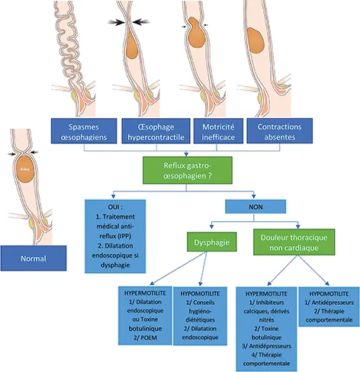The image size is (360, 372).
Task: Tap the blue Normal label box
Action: [x=34, y=258]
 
